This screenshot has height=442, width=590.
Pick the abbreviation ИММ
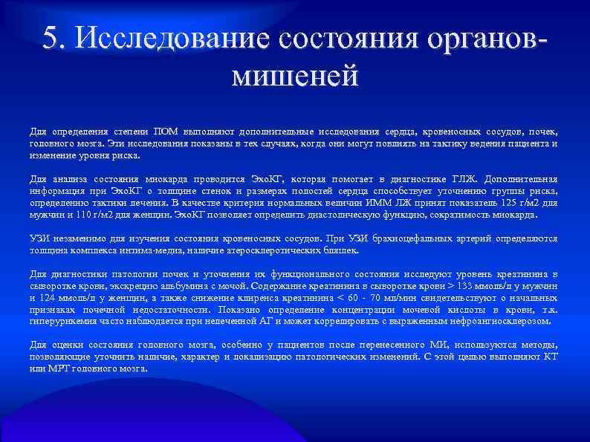[x=370, y=203]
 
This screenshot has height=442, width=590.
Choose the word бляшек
[x=343, y=250]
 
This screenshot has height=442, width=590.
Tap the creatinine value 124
[x=48, y=298]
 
